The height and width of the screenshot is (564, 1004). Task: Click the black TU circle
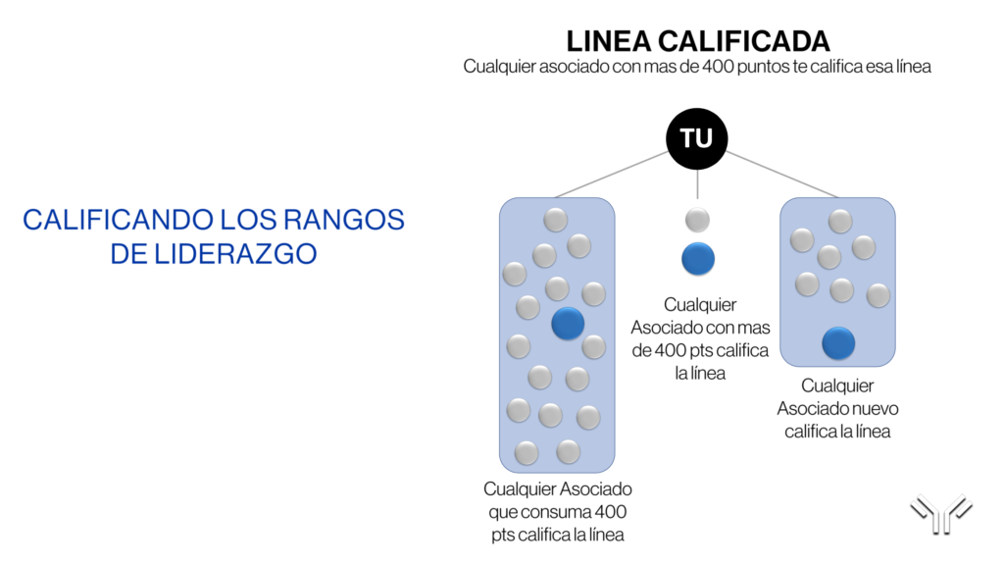click(697, 138)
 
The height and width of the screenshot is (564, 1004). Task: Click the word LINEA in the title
click(609, 41)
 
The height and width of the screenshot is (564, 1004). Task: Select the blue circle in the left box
click(568, 323)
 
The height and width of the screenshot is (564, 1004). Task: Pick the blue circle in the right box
click(838, 343)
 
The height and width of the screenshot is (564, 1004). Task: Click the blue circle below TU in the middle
click(698, 259)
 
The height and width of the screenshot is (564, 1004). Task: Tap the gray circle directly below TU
click(697, 220)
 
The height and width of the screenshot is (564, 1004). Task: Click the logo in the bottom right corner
click(941, 513)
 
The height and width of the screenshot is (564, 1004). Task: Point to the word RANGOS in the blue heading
click(344, 220)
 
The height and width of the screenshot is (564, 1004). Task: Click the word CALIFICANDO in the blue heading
click(119, 220)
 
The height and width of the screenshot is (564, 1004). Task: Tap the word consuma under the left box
click(557, 512)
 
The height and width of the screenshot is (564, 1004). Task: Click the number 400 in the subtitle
click(718, 66)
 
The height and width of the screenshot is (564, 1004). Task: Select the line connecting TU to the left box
click(612, 175)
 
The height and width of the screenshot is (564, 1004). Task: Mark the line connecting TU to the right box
click(781, 175)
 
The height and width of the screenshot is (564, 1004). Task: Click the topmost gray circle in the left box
click(555, 220)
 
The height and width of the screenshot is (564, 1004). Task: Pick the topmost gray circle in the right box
click(840, 222)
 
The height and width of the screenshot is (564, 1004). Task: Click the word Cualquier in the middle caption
click(700, 304)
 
